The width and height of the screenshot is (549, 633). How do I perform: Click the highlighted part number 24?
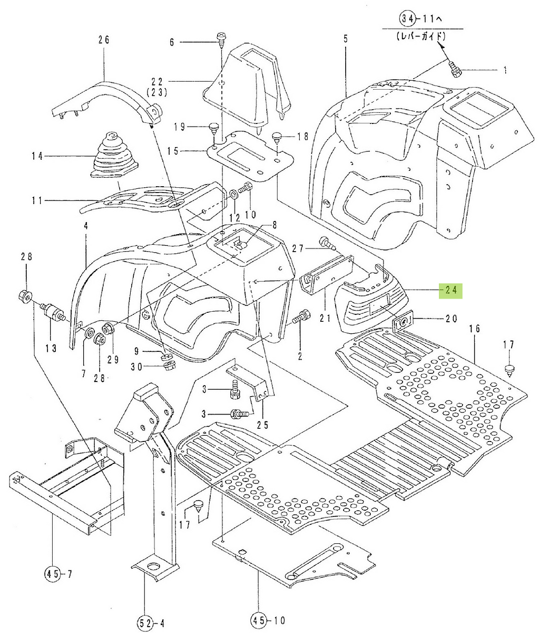tap(450, 291)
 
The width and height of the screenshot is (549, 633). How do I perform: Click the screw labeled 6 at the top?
tap(222, 39)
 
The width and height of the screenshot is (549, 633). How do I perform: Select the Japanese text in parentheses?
tap(421, 37)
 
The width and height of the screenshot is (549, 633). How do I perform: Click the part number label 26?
tap(104, 40)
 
